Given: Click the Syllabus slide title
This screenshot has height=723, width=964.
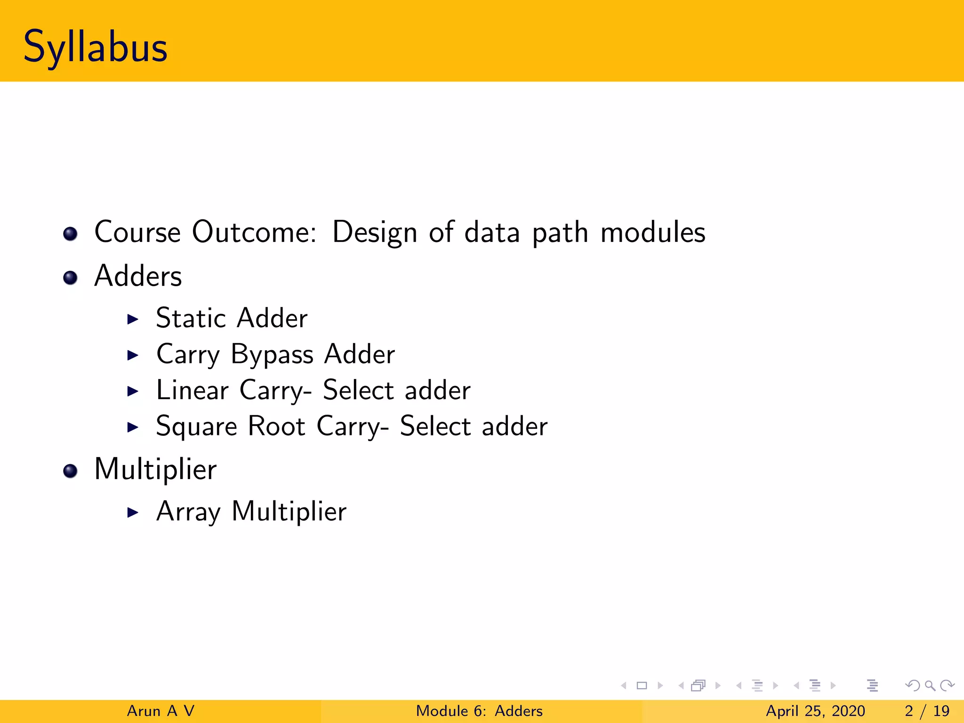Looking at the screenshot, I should tap(96, 47).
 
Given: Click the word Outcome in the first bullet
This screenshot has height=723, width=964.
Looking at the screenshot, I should tap(254, 232).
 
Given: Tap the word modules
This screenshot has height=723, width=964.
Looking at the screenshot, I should tap(653, 232).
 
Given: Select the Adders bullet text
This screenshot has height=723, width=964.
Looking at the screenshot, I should tap(138, 276).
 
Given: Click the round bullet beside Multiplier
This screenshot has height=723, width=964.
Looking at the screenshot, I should tap(70, 471).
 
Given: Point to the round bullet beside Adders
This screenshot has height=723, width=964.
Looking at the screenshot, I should tap(70, 278).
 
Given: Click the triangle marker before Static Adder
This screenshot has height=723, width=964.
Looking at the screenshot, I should tap(133, 319).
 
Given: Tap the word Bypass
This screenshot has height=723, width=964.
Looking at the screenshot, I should tap(272, 355).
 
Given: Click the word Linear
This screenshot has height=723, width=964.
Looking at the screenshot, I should tap(192, 390).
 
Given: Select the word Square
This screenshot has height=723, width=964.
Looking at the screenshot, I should tap(196, 427).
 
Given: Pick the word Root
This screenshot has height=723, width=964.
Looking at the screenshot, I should tap(277, 426).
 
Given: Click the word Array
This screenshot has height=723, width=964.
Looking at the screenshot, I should tap(188, 512).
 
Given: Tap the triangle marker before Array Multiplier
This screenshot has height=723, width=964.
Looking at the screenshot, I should tap(133, 512).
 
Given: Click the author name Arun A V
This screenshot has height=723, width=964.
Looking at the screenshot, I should tap(161, 711).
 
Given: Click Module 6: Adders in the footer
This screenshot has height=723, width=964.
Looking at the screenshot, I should tap(479, 711).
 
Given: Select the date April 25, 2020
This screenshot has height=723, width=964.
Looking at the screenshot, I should tap(815, 711).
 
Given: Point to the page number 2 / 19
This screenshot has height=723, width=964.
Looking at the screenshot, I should tap(927, 711).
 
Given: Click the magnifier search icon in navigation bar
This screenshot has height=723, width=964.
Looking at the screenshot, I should tap(930, 686).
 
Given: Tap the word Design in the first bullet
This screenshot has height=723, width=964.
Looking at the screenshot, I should tap(375, 233).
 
